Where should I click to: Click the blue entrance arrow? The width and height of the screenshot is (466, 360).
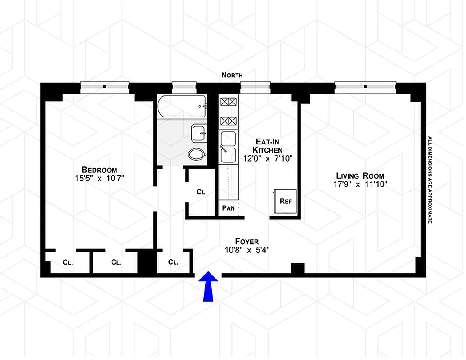point(207,287)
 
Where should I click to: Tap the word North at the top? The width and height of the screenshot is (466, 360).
point(232,76)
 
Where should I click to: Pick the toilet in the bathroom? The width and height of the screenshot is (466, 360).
point(197,155)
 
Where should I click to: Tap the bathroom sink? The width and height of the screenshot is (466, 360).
point(198,132)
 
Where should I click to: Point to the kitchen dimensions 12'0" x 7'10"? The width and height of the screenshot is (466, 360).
point(267,158)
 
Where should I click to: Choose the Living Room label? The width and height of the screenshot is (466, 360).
point(360,175)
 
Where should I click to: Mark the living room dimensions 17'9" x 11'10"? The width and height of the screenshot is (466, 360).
point(360,184)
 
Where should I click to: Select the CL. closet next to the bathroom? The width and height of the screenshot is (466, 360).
point(202,192)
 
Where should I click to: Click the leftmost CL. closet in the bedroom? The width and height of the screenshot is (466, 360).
point(68,261)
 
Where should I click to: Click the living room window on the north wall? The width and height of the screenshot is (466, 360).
point(365,85)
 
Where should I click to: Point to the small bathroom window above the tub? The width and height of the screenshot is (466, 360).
point(184,85)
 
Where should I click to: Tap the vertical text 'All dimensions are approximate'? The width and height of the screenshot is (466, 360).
point(430,180)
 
